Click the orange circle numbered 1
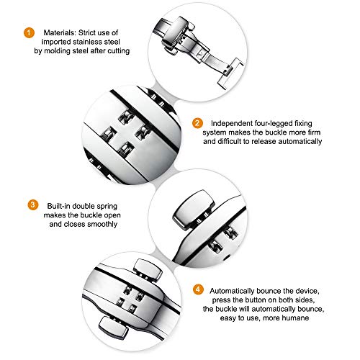[x=29, y=32]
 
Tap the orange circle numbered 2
[x=197, y=123]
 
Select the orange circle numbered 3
[x=33, y=205]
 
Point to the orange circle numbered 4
[x=198, y=289]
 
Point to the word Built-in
[x=59, y=206]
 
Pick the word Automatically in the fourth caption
[x=232, y=291]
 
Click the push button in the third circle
[x=194, y=210]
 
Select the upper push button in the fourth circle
[x=148, y=269]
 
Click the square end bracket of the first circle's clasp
[x=231, y=73]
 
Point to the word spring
[x=107, y=207]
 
